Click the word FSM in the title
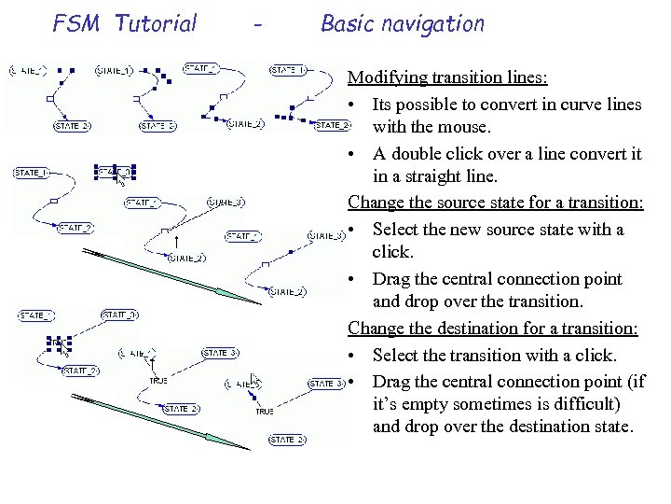(x=76, y=23)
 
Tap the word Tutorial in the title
(x=156, y=23)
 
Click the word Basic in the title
(x=347, y=23)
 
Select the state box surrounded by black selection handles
(x=116, y=173)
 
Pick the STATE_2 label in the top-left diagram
(x=73, y=126)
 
